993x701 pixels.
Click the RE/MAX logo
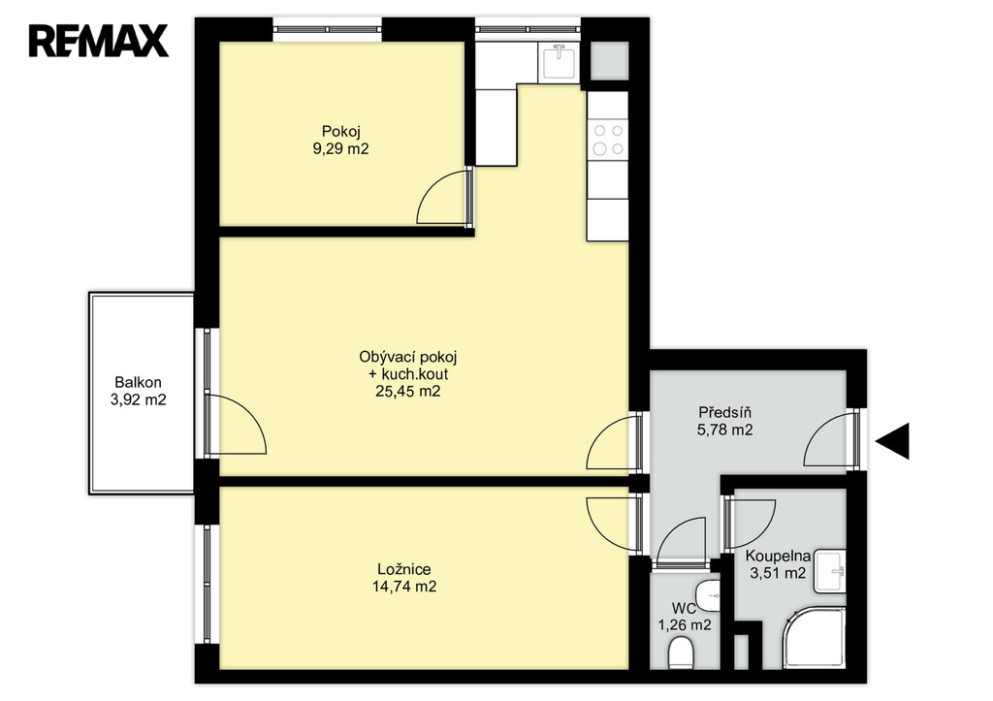[98, 41]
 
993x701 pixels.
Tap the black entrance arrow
[893, 441]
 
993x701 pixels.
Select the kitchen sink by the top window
[558, 62]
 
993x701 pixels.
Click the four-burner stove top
[607, 140]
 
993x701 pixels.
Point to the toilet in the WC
[681, 653]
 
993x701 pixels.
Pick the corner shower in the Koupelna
[814, 638]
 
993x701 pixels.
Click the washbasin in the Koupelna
[830, 571]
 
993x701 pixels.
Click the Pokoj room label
[340, 132]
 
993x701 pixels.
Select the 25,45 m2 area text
[408, 392]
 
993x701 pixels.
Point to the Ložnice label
[404, 569]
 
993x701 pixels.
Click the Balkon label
[138, 382]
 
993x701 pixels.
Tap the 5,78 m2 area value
[725, 430]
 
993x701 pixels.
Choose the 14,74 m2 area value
[404, 587]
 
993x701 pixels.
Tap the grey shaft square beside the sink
[609, 61]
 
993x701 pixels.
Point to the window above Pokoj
[328, 29]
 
